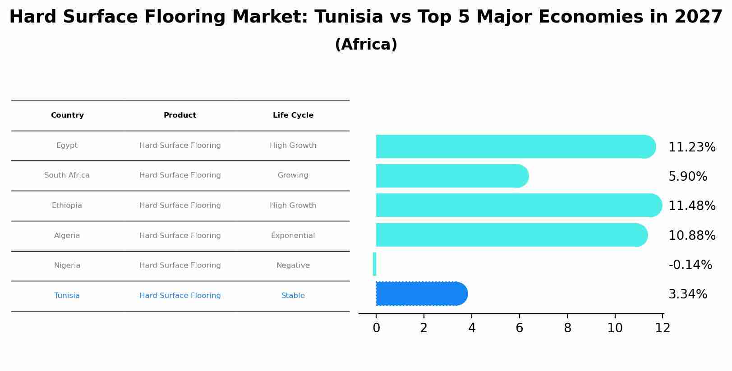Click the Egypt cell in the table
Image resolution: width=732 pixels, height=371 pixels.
click(x=67, y=146)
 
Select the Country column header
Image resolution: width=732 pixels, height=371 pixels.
click(x=67, y=115)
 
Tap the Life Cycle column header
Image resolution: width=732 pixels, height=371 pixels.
click(x=293, y=115)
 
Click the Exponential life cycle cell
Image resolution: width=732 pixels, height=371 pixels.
click(x=293, y=236)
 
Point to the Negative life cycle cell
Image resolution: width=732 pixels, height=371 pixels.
click(x=293, y=266)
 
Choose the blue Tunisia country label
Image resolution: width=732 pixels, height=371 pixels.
click(x=67, y=296)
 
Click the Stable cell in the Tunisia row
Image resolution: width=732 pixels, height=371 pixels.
click(x=293, y=296)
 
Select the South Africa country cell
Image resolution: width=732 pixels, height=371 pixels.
click(x=67, y=175)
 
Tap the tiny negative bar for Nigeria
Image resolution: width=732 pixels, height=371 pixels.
click(x=374, y=264)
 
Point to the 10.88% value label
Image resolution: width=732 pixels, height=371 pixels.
click(x=691, y=236)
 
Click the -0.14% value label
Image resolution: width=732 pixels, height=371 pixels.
click(x=690, y=265)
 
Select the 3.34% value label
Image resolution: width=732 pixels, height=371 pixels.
click(x=687, y=295)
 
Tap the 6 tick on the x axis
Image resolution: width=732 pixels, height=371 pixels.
click(x=519, y=328)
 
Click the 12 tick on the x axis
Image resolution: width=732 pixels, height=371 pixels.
click(x=663, y=328)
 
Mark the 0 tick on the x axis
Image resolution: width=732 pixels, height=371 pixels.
click(x=376, y=328)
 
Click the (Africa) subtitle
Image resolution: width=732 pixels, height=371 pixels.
click(x=366, y=45)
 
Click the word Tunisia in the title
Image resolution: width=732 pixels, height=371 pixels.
click(x=349, y=17)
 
